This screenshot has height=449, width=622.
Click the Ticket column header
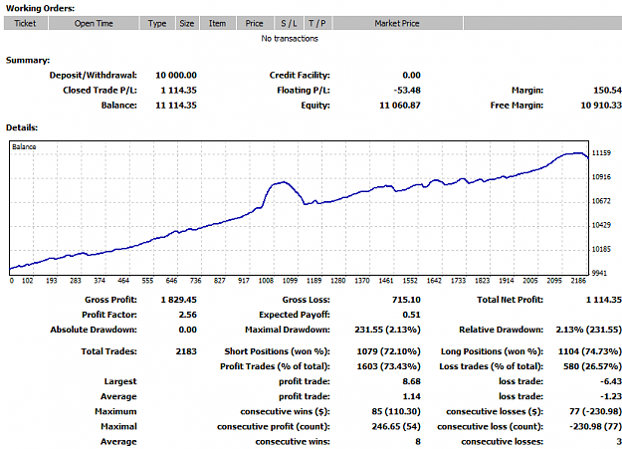(26, 24)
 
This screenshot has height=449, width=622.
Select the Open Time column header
(94, 24)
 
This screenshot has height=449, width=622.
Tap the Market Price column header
(397, 24)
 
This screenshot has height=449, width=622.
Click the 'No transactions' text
(290, 39)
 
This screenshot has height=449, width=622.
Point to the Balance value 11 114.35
(176, 106)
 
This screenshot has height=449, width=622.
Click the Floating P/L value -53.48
(407, 91)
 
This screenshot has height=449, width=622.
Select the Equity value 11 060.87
(400, 106)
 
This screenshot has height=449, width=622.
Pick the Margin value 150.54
(607, 91)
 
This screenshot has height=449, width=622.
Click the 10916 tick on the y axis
(601, 177)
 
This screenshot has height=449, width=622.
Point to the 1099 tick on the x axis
(290, 281)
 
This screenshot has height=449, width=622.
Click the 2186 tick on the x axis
(578, 281)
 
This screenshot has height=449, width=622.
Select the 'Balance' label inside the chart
(24, 147)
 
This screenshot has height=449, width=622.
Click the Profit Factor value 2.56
(188, 315)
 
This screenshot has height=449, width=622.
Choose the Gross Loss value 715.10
(406, 300)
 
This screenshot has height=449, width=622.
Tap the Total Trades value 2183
(186, 351)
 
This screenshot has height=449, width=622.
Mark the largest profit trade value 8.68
(411, 381)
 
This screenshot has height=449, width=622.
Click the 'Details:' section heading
(22, 127)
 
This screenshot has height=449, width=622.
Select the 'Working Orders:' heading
(40, 8)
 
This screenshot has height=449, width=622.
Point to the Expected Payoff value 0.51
(411, 315)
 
